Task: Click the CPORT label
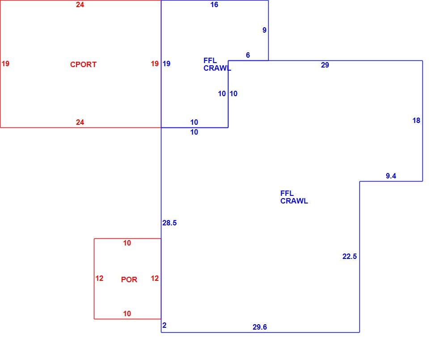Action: [83, 64]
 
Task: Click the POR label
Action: [129, 280]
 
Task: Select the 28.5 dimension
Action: [169, 223]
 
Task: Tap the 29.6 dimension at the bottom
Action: [260, 327]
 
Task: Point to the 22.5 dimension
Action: [350, 256]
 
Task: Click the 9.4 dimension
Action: [391, 176]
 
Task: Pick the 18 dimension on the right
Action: [416, 121]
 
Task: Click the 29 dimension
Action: [325, 65]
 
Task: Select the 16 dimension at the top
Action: [214, 4]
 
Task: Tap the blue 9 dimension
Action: [265, 30]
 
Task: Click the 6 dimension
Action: [248, 55]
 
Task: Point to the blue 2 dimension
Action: [164, 325]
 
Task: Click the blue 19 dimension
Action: [166, 64]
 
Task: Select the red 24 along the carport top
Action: [80, 4]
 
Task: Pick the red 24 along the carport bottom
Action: [80, 123]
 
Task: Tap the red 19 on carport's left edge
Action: [5, 64]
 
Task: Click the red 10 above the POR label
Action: [127, 243]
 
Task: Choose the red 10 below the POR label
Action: [127, 314]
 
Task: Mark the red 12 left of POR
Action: [99, 279]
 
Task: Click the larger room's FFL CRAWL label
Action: [294, 197]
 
